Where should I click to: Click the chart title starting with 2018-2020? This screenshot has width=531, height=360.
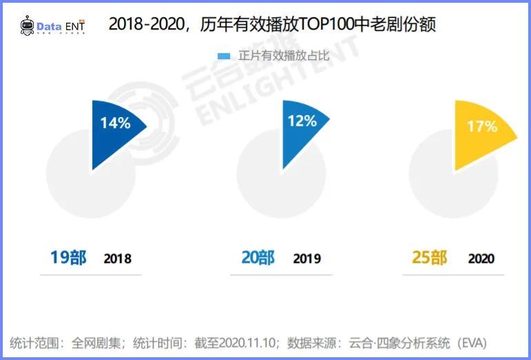[x=272, y=25]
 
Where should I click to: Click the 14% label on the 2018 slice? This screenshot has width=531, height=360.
[x=115, y=123]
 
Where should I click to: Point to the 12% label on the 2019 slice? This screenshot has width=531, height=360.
[x=302, y=121]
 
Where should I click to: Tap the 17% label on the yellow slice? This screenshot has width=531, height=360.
[x=481, y=127]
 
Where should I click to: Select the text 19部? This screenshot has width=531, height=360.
[x=68, y=258]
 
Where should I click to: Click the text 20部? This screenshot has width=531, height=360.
[x=258, y=258]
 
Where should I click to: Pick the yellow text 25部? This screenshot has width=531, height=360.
[x=430, y=258]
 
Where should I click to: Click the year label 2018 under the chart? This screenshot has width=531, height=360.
[x=117, y=260]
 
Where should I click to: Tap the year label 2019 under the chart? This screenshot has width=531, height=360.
[x=306, y=260]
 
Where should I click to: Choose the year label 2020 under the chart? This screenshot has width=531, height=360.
[x=481, y=260]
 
